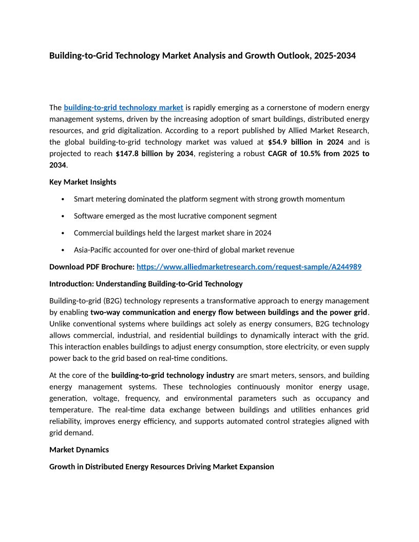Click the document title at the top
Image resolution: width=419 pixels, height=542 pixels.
click(202, 55)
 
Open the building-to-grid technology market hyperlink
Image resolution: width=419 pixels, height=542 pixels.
click(123, 108)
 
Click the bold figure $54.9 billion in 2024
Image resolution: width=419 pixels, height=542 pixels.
click(306, 142)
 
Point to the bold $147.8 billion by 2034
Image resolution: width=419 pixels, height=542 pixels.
click(155, 153)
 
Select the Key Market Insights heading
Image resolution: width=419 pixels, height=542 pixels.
click(83, 182)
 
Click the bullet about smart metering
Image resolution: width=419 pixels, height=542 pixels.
click(209, 199)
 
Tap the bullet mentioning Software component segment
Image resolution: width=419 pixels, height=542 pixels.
click(175, 216)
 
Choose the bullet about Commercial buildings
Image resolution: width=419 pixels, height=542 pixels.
click(173, 233)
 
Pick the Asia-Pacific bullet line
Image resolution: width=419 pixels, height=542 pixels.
click(184, 250)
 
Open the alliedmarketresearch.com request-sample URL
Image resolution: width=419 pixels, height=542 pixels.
click(249, 267)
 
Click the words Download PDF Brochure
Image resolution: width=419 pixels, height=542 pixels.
click(91, 267)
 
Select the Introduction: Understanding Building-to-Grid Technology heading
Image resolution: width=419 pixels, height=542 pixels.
click(146, 284)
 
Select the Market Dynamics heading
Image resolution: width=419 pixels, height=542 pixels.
click(79, 450)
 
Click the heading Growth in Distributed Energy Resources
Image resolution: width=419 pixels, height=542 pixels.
click(161, 467)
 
